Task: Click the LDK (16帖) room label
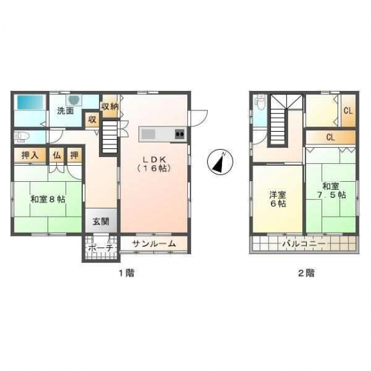click(154, 164)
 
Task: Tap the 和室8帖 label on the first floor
click(47, 199)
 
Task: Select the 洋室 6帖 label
click(278, 199)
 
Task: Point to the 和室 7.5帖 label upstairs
click(332, 191)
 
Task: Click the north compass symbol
click(221, 162)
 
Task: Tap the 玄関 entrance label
click(101, 222)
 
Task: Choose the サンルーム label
click(154, 243)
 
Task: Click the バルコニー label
click(303, 243)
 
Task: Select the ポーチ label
click(100, 248)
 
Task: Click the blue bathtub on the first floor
click(30, 102)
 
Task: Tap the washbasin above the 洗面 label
click(74, 100)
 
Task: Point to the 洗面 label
click(66, 110)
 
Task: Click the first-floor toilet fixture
click(22, 137)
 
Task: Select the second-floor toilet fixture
click(260, 103)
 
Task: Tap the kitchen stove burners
click(180, 134)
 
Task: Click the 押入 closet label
click(30, 155)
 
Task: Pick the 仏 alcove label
click(57, 155)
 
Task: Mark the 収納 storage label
click(110, 106)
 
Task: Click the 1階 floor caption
click(126, 273)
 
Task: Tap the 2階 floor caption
click(306, 273)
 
